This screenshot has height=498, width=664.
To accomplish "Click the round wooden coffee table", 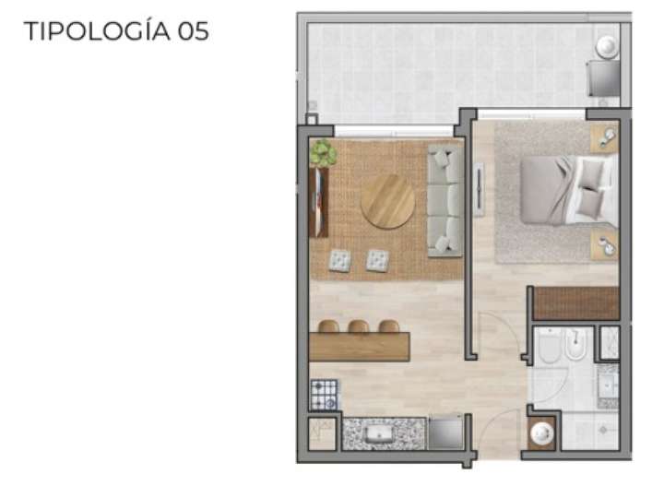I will [x=387, y=201].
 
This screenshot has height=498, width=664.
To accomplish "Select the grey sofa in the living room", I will [x=445, y=200].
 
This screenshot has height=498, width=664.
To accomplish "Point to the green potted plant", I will [x=322, y=152].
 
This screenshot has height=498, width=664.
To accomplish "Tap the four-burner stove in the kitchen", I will [x=325, y=394].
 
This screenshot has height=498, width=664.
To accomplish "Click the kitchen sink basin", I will [x=379, y=433].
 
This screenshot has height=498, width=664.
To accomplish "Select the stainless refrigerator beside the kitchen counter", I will [x=446, y=433].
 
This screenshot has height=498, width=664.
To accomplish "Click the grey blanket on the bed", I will [x=545, y=190].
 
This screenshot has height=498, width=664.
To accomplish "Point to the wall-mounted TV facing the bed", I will [x=479, y=190].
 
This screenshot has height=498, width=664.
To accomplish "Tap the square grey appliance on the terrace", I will [x=605, y=78].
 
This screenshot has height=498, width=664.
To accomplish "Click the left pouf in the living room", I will [x=339, y=261].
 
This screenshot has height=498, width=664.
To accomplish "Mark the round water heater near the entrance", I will [x=540, y=433].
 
